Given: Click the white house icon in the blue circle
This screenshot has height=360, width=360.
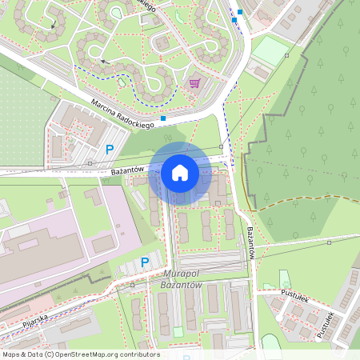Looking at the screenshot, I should coord(180,173).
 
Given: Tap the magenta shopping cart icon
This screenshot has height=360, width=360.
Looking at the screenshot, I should coord(194,82).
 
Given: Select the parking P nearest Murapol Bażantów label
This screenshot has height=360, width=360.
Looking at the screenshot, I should coord(145,262).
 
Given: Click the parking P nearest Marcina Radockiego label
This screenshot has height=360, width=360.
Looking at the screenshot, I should coord(110,149).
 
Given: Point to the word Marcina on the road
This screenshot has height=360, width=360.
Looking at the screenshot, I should coord(105,106).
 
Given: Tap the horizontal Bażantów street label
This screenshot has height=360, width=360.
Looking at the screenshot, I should coord(126,170).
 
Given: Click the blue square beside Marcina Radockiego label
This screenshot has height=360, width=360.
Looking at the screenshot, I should coord(163,118).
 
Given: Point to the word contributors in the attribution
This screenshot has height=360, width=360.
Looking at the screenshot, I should coord(139,354).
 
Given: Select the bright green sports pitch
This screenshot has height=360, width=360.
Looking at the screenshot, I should coord(270,52).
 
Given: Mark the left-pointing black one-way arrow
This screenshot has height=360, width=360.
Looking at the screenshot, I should coord(102,61).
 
